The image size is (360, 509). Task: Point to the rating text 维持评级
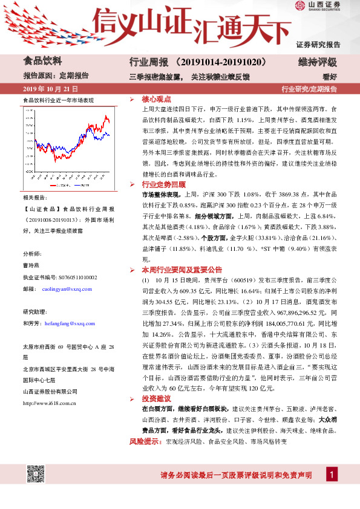(x=317, y=62)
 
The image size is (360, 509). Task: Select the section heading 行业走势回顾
(x=163, y=184)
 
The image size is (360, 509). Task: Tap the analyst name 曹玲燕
(x=31, y=266)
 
